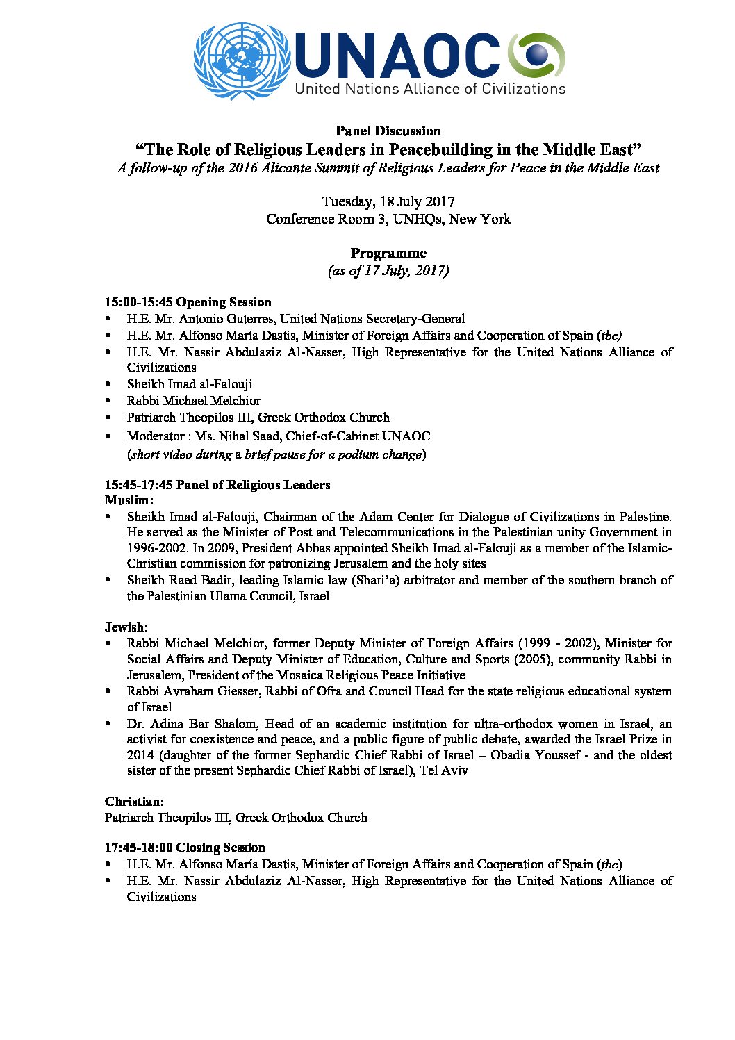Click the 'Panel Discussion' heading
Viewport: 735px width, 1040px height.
(x=388, y=131)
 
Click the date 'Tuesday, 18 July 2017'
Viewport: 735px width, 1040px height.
(x=388, y=201)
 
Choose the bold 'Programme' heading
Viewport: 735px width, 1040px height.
(x=388, y=253)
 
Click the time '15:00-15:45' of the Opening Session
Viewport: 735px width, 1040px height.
(x=138, y=302)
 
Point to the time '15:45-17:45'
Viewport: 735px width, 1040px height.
(x=138, y=485)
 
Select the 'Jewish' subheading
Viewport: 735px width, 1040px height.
(x=124, y=627)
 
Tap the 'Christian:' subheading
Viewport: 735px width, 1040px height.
(x=134, y=802)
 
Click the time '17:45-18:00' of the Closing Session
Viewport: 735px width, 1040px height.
(x=138, y=848)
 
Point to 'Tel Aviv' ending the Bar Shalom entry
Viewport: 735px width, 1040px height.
(x=444, y=770)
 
